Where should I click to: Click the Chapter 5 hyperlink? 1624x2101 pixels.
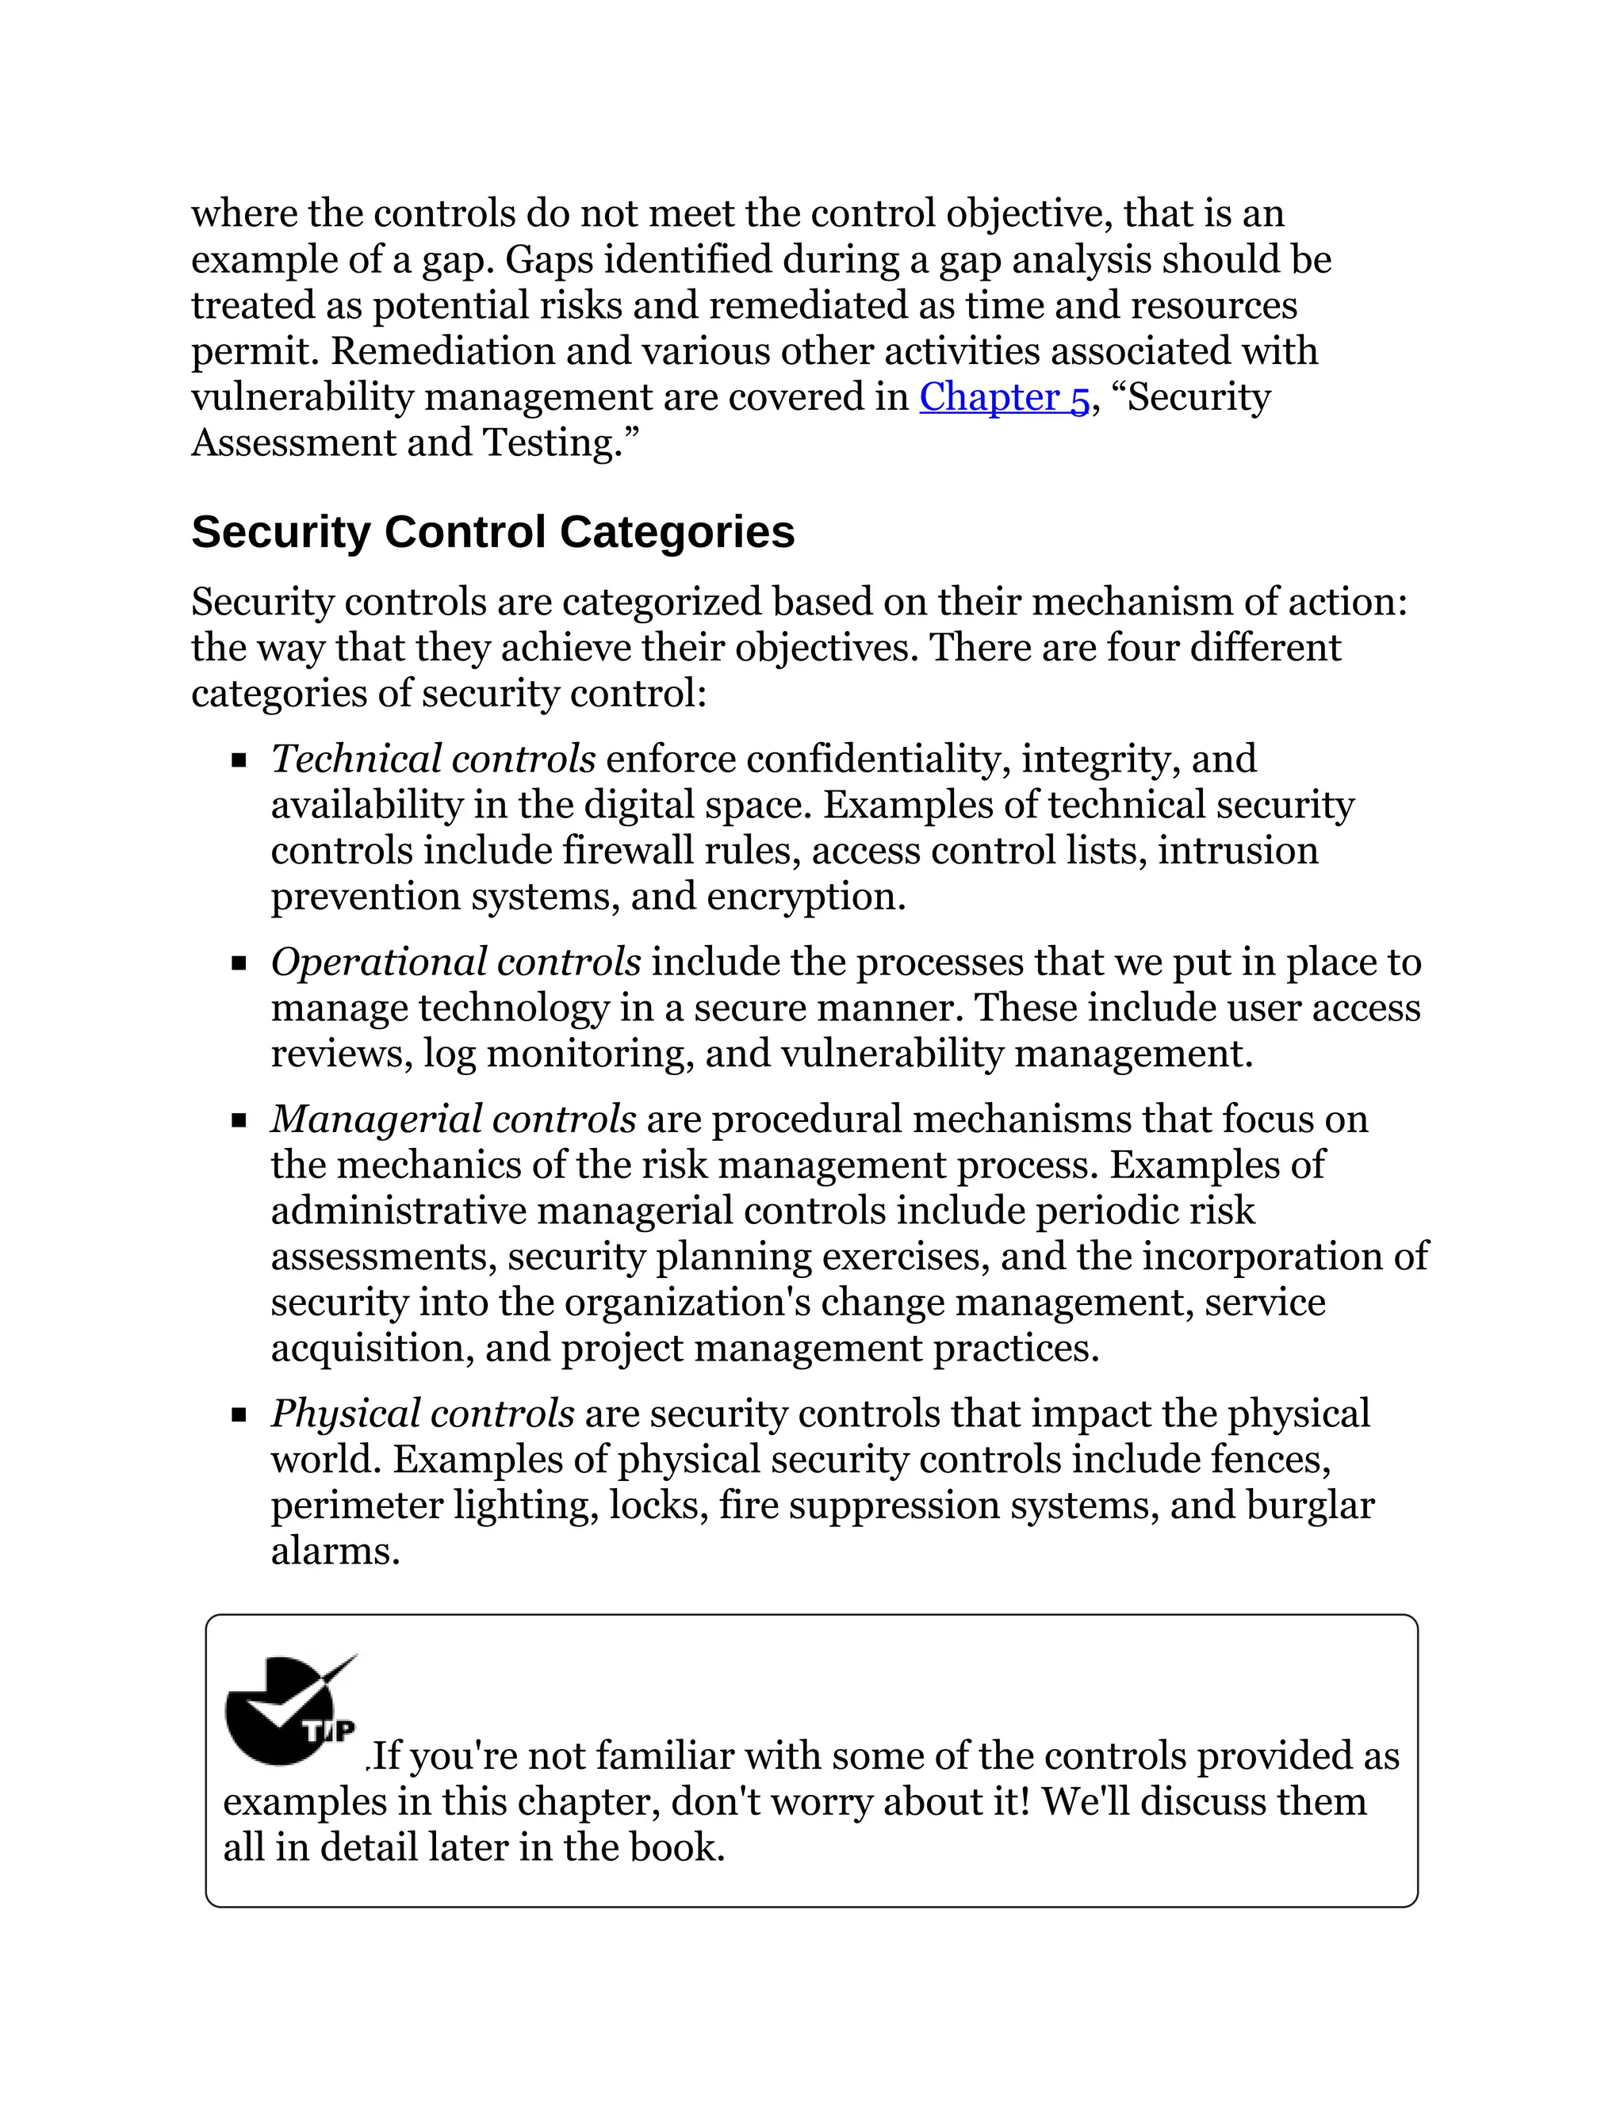pyautogui.click(x=1003, y=397)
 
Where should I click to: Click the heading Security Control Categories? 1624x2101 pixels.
pyautogui.click(x=492, y=532)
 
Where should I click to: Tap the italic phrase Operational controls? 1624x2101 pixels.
pyautogui.click(x=456, y=962)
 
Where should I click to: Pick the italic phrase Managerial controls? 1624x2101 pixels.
pyautogui.click(x=453, y=1119)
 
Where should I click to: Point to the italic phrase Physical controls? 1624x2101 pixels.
pyautogui.click(x=423, y=1413)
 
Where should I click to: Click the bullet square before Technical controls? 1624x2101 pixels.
pyautogui.click(x=239, y=762)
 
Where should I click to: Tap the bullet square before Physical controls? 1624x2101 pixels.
pyautogui.click(x=239, y=1416)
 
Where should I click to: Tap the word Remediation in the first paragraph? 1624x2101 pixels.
pyautogui.click(x=442, y=351)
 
